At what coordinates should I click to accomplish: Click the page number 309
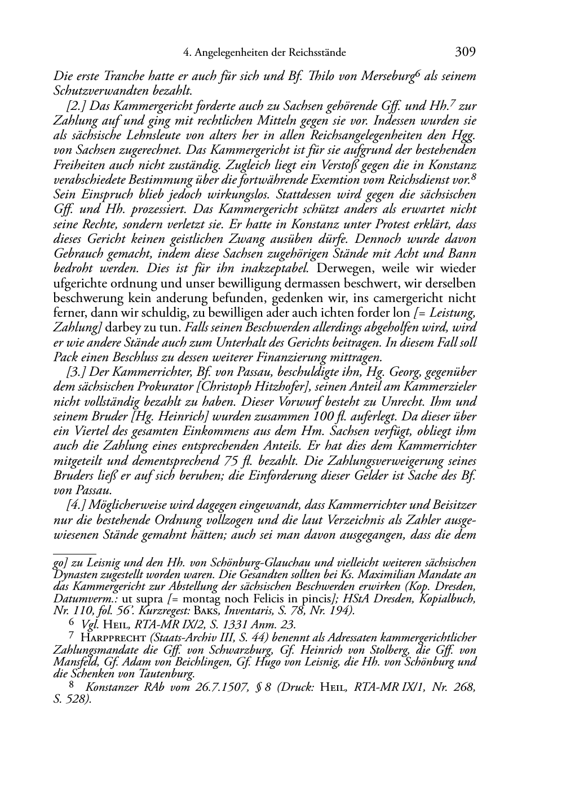(x=465, y=52)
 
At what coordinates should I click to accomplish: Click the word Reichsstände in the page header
(x=317, y=53)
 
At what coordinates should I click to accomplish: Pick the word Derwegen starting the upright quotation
(x=344, y=268)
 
